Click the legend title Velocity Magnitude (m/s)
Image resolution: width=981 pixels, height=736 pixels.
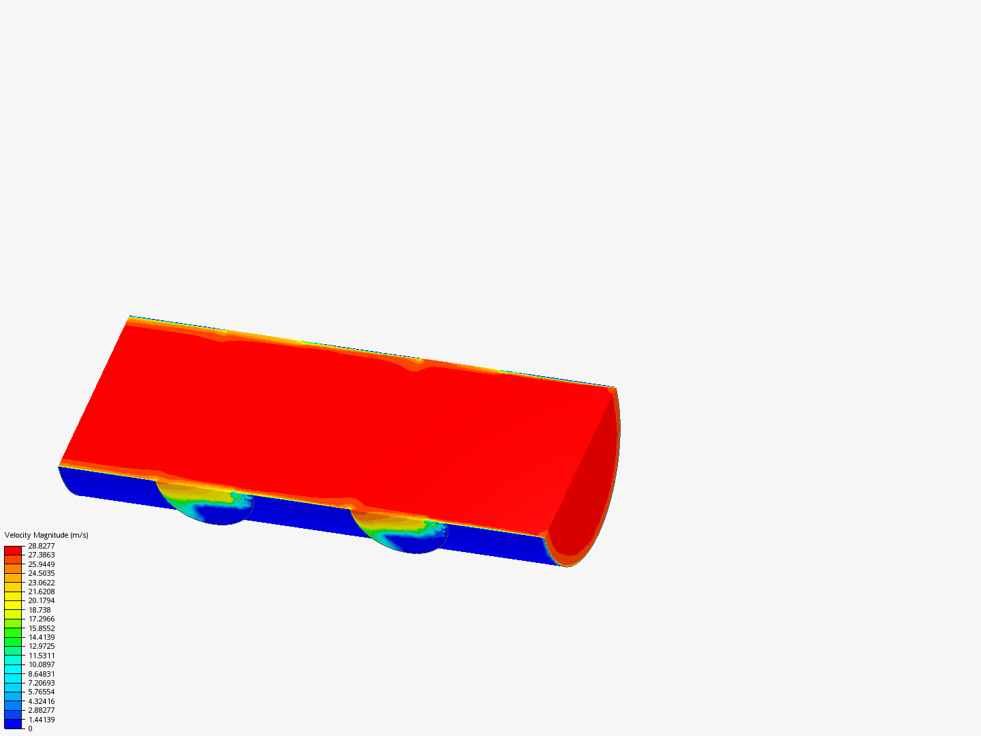[x=46, y=535]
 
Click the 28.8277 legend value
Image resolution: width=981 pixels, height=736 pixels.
[x=41, y=546]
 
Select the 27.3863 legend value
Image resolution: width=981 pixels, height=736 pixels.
[x=41, y=555]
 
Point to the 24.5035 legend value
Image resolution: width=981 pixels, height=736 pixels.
[x=41, y=573]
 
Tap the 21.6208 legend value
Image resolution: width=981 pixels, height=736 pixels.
[x=41, y=592]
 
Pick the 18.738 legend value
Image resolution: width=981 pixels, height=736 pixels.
[x=40, y=610]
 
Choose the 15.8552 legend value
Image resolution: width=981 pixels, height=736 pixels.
[x=41, y=628]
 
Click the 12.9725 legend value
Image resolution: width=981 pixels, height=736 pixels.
[x=41, y=646]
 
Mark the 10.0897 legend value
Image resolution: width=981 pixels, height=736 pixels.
[x=41, y=664]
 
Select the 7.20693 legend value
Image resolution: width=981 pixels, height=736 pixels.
[x=41, y=683]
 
